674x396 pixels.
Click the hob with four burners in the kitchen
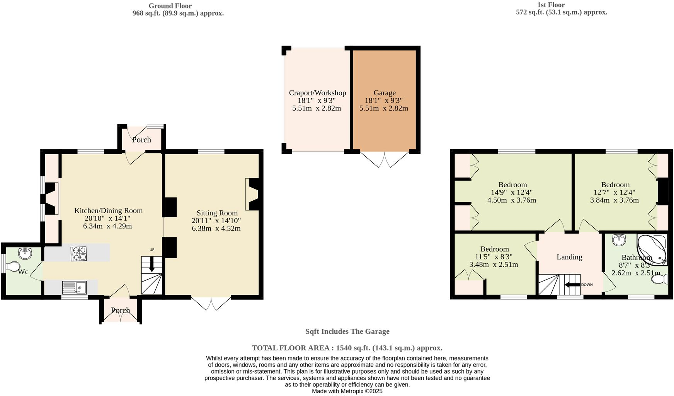(x=78, y=253)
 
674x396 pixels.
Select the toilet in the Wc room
(x=13, y=266)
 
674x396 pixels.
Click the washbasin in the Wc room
(x=25, y=254)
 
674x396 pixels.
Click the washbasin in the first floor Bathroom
(x=619, y=240)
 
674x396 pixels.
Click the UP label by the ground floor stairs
(x=152, y=250)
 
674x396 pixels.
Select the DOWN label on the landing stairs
(x=587, y=285)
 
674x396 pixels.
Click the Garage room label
(x=384, y=93)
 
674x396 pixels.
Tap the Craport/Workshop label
(x=317, y=93)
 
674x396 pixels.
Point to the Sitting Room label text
(x=217, y=213)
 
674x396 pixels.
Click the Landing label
(x=569, y=257)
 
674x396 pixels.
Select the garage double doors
(x=385, y=159)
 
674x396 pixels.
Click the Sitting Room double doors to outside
(x=211, y=304)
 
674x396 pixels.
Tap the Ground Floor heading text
(x=170, y=6)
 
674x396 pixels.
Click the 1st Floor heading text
(x=551, y=5)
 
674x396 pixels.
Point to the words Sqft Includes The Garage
(x=347, y=331)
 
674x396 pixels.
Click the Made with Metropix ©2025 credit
(x=347, y=391)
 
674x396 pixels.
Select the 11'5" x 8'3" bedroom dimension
(x=494, y=257)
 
